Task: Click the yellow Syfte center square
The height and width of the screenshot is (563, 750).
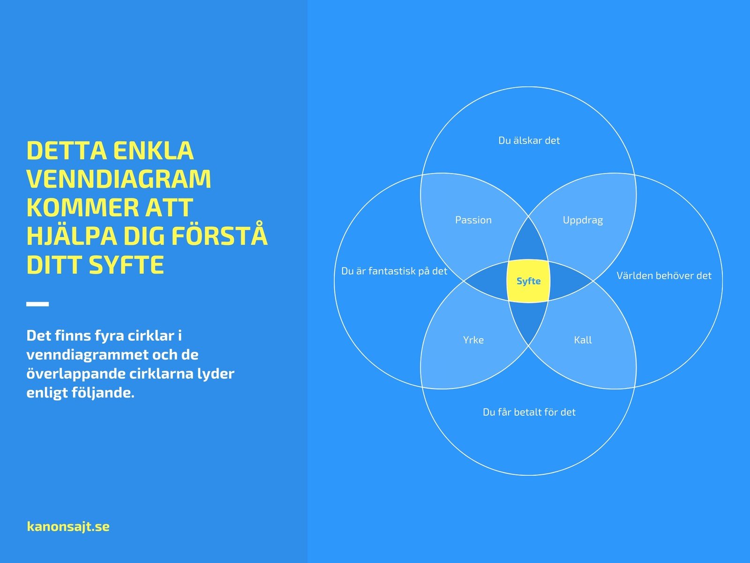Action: point(528,281)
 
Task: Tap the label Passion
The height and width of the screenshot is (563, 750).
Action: point(473,220)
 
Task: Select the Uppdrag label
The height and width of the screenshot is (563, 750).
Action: point(583,220)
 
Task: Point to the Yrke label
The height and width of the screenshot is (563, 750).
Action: point(473,340)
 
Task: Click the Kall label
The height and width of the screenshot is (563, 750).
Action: point(583,340)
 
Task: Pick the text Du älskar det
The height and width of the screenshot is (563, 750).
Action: point(529,140)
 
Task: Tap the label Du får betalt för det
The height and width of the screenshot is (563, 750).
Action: point(529,412)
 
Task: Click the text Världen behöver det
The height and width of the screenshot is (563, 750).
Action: point(664,276)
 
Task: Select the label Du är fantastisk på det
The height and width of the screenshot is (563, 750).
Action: point(394,271)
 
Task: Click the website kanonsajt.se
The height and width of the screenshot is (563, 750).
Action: point(68,526)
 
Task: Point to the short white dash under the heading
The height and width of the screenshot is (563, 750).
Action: point(37,304)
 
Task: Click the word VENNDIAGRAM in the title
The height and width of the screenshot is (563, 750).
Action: point(119,179)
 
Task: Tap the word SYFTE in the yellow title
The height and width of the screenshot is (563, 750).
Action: point(127,265)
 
